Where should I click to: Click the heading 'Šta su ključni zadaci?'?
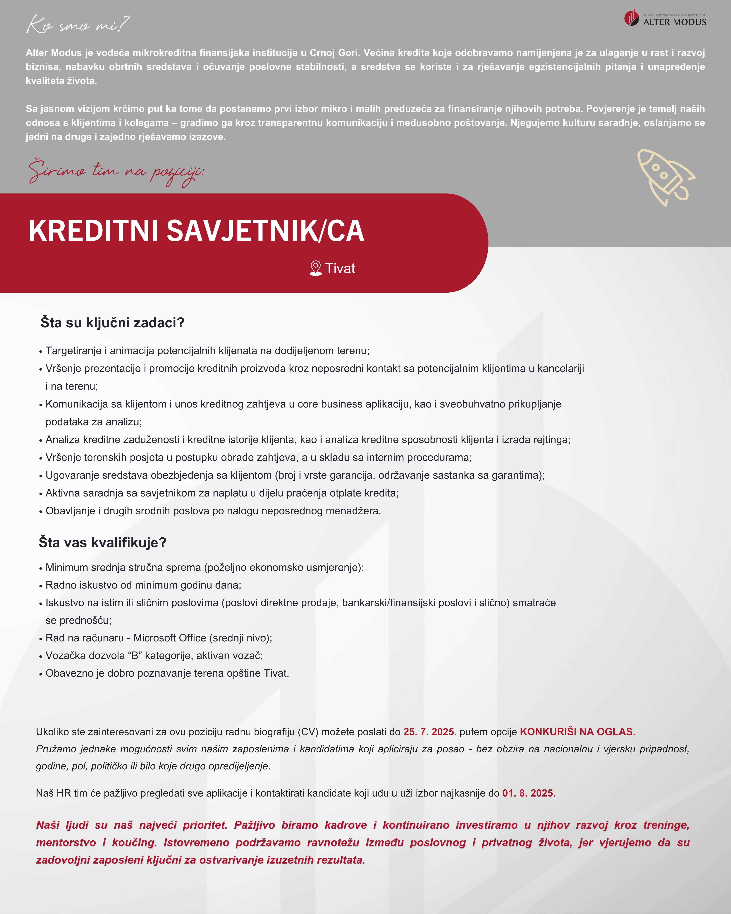[112, 323]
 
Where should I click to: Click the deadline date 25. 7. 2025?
[429, 732]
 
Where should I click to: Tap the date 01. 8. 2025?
[529, 793]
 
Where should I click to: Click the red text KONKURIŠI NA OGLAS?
[577, 732]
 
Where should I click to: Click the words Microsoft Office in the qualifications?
[170, 638]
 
